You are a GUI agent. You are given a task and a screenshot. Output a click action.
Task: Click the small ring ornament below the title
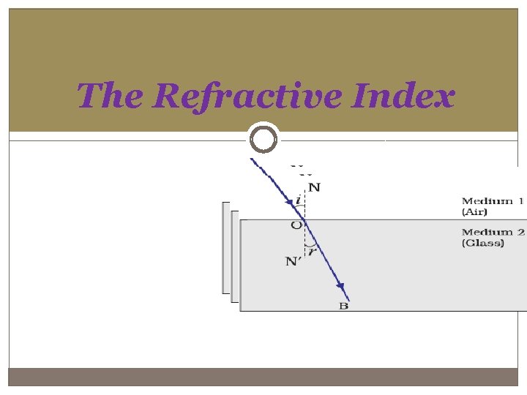pyautogui.click(x=263, y=138)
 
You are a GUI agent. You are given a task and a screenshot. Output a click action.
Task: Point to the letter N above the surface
pyautogui.click(x=314, y=187)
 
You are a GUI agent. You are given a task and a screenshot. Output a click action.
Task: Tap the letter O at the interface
pyautogui.click(x=296, y=225)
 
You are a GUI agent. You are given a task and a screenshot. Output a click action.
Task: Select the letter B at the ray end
pyautogui.click(x=343, y=306)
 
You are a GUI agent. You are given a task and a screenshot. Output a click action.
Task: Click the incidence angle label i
pyautogui.click(x=298, y=200)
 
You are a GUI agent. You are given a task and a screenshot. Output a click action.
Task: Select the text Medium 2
pyautogui.click(x=493, y=233)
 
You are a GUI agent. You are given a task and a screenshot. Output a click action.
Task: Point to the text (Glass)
pyautogui.click(x=483, y=243)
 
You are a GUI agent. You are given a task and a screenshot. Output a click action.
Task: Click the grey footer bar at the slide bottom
pyautogui.click(x=263, y=377)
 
